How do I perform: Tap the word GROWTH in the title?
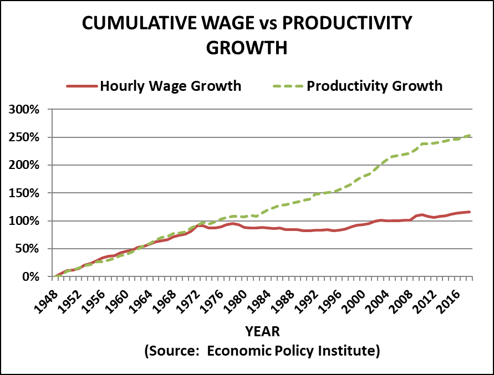247,48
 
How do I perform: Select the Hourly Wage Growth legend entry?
171,86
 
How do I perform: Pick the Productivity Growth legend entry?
374,86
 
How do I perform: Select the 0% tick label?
31,276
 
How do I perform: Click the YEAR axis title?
262,332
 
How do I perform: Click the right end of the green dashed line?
470,135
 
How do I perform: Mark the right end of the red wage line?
470,212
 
